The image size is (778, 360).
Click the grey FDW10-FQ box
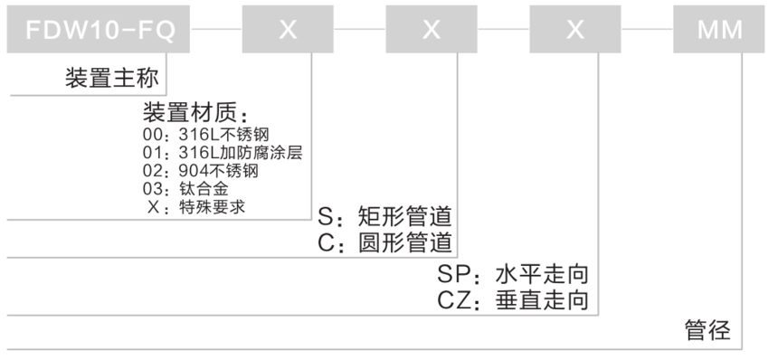[98, 29]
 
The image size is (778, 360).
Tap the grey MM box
[719, 29]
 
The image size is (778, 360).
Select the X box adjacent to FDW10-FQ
[287, 29]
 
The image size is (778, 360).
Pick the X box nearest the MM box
[575, 29]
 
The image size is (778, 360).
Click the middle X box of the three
[431, 29]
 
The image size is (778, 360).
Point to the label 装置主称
[111, 79]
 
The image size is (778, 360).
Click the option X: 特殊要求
[194, 206]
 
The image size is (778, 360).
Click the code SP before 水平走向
[454, 274]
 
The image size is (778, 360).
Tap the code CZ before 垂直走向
[454, 300]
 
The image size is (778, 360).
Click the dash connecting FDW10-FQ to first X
[216, 29]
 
